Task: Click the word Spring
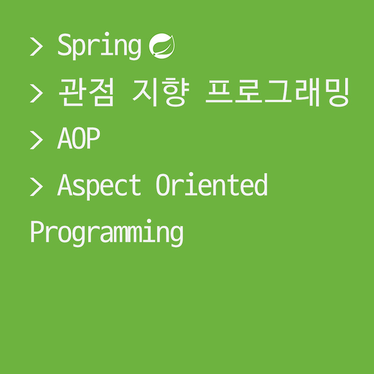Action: pyautogui.click(x=99, y=47)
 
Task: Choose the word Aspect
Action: pyautogui.click(x=99, y=185)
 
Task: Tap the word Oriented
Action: pyautogui.click(x=211, y=185)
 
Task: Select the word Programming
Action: pyautogui.click(x=106, y=232)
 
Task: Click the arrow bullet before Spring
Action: pyautogui.click(x=36, y=47)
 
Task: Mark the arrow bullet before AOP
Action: pyautogui.click(x=36, y=139)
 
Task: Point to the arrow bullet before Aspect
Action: pyautogui.click(x=36, y=186)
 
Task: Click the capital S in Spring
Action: pyautogui.click(x=65, y=45)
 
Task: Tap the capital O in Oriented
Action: pyautogui.click(x=163, y=185)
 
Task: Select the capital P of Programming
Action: pyautogui.click(x=37, y=231)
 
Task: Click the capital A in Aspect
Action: pyautogui.click(x=65, y=185)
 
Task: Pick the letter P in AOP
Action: pyautogui.click(x=93, y=139)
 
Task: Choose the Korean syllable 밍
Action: pyautogui.click(x=338, y=93)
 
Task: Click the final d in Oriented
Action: pyautogui.click(x=260, y=184)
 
